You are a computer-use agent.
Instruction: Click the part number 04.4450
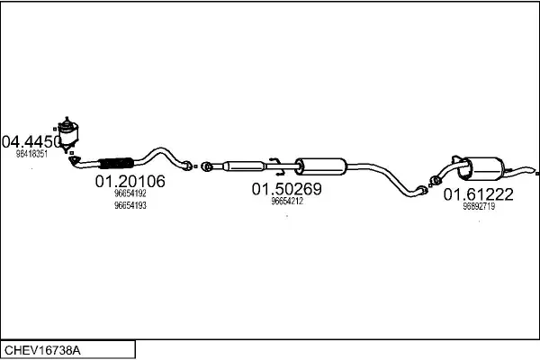[x=31, y=141]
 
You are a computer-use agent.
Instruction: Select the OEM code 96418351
[x=31, y=154]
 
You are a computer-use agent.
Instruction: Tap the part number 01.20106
[x=130, y=181]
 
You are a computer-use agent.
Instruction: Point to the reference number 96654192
[x=130, y=193]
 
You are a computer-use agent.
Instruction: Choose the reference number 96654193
[x=130, y=205]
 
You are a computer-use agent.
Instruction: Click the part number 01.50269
[x=287, y=189]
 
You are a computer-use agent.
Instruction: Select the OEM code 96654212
[x=287, y=201]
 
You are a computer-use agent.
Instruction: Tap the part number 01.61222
[x=479, y=194]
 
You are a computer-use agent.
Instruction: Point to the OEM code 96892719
[x=479, y=206]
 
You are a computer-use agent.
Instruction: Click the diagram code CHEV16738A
[x=42, y=351]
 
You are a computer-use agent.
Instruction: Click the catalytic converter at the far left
[x=67, y=133]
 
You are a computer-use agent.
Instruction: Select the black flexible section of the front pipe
[x=116, y=163]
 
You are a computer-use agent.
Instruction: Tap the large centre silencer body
[x=321, y=166]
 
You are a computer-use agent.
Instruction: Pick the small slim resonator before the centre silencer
[x=244, y=166]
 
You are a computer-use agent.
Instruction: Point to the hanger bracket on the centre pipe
[x=277, y=166]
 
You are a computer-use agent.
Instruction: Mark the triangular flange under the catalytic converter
[x=75, y=160]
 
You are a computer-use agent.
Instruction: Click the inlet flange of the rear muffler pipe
[x=436, y=180]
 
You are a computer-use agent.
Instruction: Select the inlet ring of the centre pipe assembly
[x=207, y=167]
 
